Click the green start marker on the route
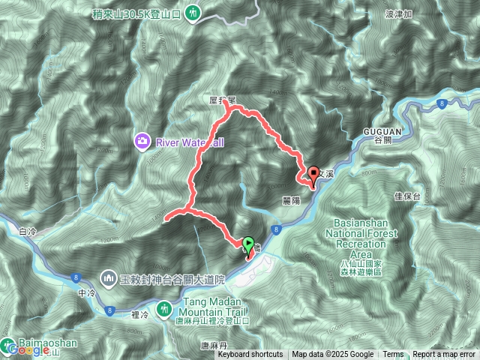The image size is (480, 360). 248,243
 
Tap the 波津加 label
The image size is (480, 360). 397,13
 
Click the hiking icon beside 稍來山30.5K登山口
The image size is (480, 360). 193,12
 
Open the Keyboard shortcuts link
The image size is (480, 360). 250,355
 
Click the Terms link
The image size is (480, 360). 392,355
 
